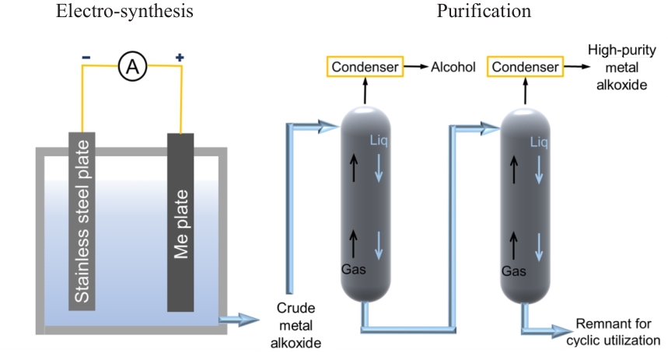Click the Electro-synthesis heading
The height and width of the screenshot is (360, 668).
point(125,12)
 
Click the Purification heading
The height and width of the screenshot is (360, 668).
point(484,12)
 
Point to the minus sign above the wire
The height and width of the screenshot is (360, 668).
point(86,57)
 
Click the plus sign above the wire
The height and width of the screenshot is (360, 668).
point(180,57)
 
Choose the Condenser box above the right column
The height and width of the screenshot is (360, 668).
point(525,67)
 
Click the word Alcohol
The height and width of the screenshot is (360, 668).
point(453,68)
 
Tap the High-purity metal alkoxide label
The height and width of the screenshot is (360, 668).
point(617,68)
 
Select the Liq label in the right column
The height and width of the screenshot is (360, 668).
point(539,142)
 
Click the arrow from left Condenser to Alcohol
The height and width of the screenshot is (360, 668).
point(415,68)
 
